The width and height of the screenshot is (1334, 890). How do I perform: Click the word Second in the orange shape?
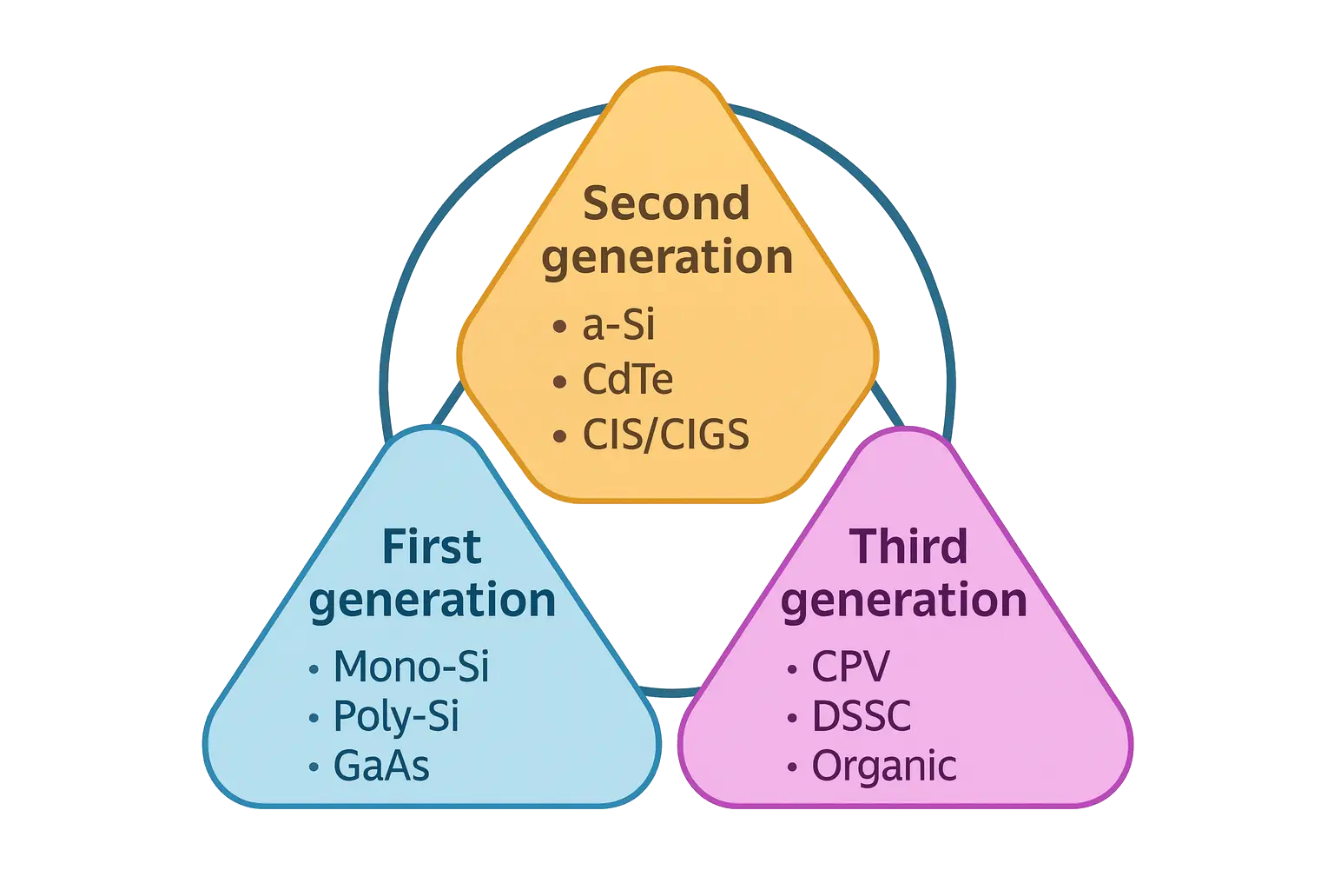pyautogui.click(x=666, y=203)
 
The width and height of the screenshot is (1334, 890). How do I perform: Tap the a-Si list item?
pyautogui.click(x=618, y=326)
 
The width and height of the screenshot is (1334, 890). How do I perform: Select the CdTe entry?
pyautogui.click(x=627, y=380)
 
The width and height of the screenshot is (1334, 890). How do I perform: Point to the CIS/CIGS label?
pyautogui.click(x=665, y=434)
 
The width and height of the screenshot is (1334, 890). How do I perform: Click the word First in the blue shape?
pyautogui.click(x=432, y=547)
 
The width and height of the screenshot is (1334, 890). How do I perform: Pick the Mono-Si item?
pyautogui.click(x=412, y=667)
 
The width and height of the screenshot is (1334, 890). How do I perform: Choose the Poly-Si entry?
pyautogui.click(x=396, y=716)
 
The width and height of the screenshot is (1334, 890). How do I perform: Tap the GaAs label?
pyautogui.click(x=381, y=767)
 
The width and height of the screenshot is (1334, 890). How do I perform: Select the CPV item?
pyautogui.click(x=850, y=667)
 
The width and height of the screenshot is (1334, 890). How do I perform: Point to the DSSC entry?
pyautogui.click(x=862, y=716)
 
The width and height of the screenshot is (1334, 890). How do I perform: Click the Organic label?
pyautogui.click(x=884, y=767)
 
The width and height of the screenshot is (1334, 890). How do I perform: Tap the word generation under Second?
pyautogui.click(x=667, y=259)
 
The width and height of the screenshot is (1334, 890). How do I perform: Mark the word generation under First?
pyautogui.click(x=432, y=601)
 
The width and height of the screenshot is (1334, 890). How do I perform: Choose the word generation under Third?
pyautogui.click(x=904, y=601)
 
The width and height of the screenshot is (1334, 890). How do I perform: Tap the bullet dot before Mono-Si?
pyautogui.click(x=314, y=668)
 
